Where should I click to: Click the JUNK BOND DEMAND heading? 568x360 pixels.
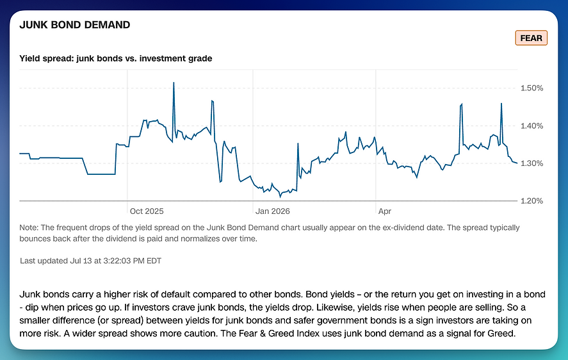tap(75, 24)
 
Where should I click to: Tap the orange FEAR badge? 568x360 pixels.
tap(531, 38)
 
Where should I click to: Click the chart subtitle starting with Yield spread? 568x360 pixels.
tap(115, 58)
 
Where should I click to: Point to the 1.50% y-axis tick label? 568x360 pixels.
tap(531, 88)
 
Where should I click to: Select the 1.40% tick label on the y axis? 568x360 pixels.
tap(531, 126)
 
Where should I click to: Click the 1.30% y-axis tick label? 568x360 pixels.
tap(531, 163)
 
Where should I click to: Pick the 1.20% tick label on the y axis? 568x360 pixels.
tap(531, 201)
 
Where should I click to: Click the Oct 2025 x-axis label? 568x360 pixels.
tap(147, 211)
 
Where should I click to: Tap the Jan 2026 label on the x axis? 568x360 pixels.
tap(272, 211)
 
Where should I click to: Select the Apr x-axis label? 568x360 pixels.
tap(385, 211)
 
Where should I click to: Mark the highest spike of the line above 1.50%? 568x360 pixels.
tap(174, 83)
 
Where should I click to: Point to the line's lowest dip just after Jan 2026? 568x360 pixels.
tap(280, 197)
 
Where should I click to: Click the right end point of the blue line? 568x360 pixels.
tap(517, 163)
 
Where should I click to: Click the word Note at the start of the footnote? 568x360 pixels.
tap(29, 227)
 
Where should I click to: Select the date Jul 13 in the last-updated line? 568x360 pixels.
tap(81, 261)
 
